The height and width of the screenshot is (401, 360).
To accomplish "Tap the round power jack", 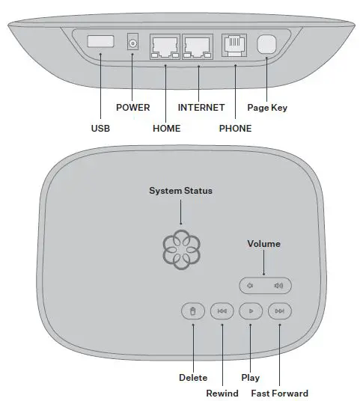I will pyautogui.click(x=133, y=44).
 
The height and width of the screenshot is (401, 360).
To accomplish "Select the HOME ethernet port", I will pyautogui.click(x=165, y=46).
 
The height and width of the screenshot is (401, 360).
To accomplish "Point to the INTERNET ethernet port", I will pyautogui.click(x=198, y=46).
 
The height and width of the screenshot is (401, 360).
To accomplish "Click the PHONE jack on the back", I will pyautogui.click(x=234, y=46).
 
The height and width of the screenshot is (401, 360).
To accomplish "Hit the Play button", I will pyautogui.click(x=251, y=310).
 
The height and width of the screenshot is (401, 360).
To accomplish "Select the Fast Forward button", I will pyautogui.click(x=279, y=310).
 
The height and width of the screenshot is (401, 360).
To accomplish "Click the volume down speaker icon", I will pyautogui.click(x=251, y=285).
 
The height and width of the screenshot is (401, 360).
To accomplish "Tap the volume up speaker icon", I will pyautogui.click(x=279, y=285).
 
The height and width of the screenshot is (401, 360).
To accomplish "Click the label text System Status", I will pyautogui.click(x=180, y=191).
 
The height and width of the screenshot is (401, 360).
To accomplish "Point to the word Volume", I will pyautogui.click(x=263, y=244).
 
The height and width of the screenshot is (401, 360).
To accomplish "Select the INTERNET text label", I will pyautogui.click(x=201, y=108).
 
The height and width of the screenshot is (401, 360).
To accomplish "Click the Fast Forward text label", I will pyautogui.click(x=279, y=393).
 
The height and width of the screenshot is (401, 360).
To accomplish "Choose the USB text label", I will pyautogui.click(x=100, y=129).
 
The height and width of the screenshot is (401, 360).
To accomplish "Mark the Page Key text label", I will pyautogui.click(x=267, y=108).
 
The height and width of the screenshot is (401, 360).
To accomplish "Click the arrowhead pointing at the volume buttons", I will pyautogui.click(x=263, y=272).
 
